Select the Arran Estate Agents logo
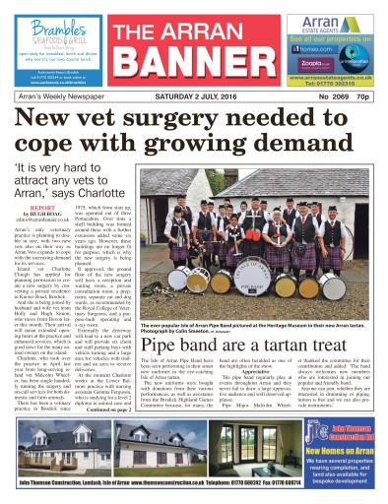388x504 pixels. point(316,21)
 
